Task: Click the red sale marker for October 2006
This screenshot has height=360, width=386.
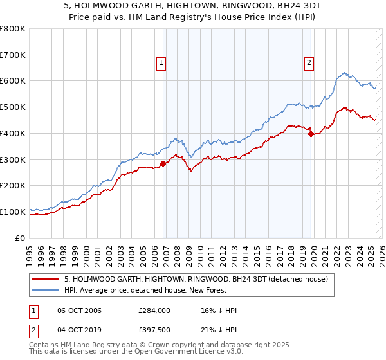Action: point(163,163)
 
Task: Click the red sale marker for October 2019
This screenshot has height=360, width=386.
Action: point(311,134)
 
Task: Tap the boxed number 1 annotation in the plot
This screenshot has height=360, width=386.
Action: point(160,62)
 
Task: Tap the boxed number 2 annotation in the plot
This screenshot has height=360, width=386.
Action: point(309,62)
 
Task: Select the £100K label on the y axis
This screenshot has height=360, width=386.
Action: point(14,212)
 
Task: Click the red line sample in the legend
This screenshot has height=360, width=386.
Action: point(46,279)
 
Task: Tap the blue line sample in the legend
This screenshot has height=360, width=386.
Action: point(46,290)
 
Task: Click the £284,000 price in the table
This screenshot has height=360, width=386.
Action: point(154,310)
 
